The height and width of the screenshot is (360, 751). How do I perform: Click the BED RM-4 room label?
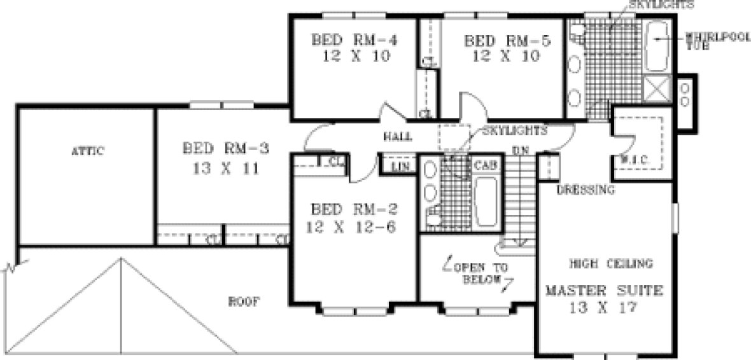click(354, 40)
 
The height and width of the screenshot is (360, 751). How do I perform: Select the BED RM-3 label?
click(225, 149)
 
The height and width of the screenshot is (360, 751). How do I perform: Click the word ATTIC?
click(87, 151)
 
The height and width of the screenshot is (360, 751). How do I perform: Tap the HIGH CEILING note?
click(610, 263)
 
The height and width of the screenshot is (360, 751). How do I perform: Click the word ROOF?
click(244, 302)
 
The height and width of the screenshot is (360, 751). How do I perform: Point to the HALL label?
click(398, 137)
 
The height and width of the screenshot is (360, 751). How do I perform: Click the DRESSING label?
click(586, 190)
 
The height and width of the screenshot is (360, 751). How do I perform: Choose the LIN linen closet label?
click(399, 167)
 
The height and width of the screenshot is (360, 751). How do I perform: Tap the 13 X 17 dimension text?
click(603, 308)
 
